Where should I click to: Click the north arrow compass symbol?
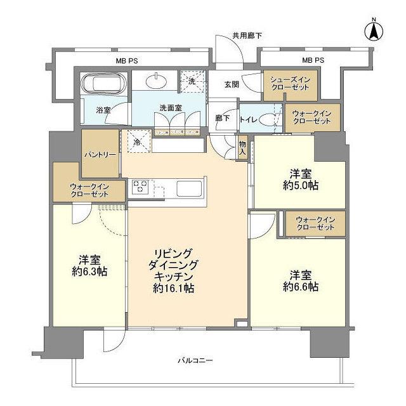[374, 30]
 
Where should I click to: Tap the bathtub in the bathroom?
[104, 83]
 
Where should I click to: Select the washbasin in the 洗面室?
[156, 82]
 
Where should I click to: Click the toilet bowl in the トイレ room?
[274, 119]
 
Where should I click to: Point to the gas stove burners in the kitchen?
[140, 187]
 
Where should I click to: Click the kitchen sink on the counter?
[188, 188]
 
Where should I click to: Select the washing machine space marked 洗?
[189, 82]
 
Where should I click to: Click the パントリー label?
[100, 154]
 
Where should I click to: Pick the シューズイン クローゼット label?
[290, 83]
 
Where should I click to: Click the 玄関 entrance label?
[232, 83]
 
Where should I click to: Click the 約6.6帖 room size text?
[299, 287]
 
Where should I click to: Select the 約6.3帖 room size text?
[88, 272]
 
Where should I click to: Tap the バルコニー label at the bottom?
[195, 361]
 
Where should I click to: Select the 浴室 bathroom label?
[103, 110]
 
